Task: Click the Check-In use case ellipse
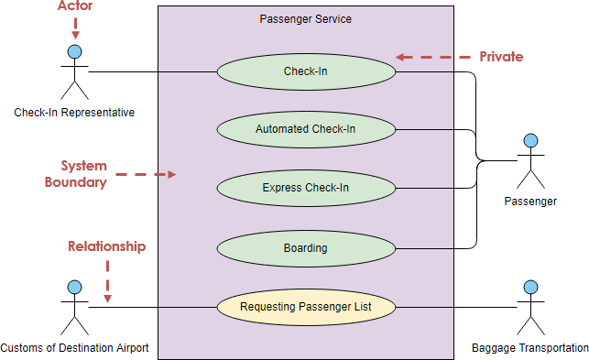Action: (305, 71)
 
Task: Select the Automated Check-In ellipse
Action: (305, 129)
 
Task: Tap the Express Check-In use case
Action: (305, 188)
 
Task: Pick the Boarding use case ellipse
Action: (305, 247)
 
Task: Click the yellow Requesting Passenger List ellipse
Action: (305, 307)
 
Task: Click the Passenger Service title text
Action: (305, 18)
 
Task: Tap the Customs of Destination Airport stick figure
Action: (74, 308)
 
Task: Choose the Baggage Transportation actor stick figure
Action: (529, 308)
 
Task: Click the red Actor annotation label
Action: (75, 6)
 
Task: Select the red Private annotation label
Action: (501, 57)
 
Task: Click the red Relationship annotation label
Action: (107, 246)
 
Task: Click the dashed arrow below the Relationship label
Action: (108, 279)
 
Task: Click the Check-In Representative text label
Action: (74, 113)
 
